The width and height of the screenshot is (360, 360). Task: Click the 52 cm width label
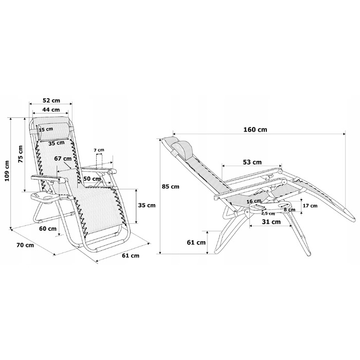pos(51,101)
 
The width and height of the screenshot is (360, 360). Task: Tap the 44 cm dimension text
pos(51,110)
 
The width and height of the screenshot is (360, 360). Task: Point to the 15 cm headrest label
pos(46,130)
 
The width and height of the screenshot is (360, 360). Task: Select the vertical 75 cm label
pos(21,154)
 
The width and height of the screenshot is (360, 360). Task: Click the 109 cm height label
pos(7,171)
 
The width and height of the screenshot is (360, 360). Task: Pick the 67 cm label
pos(63,158)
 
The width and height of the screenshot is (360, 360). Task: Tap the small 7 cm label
pos(99,150)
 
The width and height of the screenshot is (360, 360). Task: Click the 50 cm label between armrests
pos(92,178)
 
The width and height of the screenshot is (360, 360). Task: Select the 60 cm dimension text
pos(48,229)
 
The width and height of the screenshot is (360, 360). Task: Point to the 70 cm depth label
pos(25,245)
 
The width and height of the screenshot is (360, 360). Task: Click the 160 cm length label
pos(255,130)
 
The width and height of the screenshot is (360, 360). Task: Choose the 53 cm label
pos(253,163)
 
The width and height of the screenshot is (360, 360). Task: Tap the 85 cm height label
pos(170,187)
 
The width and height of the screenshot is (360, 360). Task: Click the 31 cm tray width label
pos(271,222)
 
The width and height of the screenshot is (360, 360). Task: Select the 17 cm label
pos(310,206)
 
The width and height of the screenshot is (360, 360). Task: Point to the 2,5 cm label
pos(268,214)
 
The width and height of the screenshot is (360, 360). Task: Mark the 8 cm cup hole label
pos(290,210)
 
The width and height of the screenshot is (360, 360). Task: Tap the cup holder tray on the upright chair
pos(45,197)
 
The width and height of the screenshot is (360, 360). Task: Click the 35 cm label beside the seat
pos(147,205)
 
